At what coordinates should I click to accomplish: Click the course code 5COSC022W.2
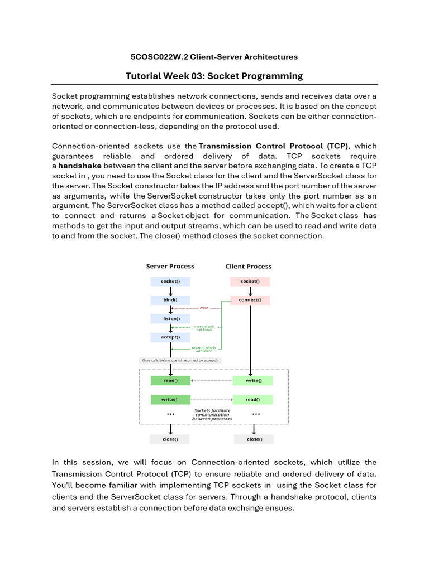[x=156, y=57]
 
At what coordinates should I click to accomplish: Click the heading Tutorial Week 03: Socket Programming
[x=214, y=76]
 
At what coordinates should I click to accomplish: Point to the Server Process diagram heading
[x=170, y=267]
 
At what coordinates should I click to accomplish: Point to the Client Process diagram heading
[x=248, y=267]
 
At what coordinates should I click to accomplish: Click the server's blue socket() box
[x=170, y=282]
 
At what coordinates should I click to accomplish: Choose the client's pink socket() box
[x=250, y=282]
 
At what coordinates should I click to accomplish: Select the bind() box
[x=170, y=300]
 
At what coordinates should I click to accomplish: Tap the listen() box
[x=170, y=318]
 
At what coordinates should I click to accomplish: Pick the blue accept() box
[x=170, y=337]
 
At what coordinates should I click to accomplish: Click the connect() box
[x=250, y=300]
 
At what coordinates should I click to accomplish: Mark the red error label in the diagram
[x=204, y=308]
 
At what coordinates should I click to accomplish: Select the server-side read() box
[x=170, y=380]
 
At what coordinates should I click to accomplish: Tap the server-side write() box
[x=170, y=399]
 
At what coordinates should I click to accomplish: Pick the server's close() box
[x=170, y=439]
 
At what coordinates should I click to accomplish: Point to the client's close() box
[x=254, y=439]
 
